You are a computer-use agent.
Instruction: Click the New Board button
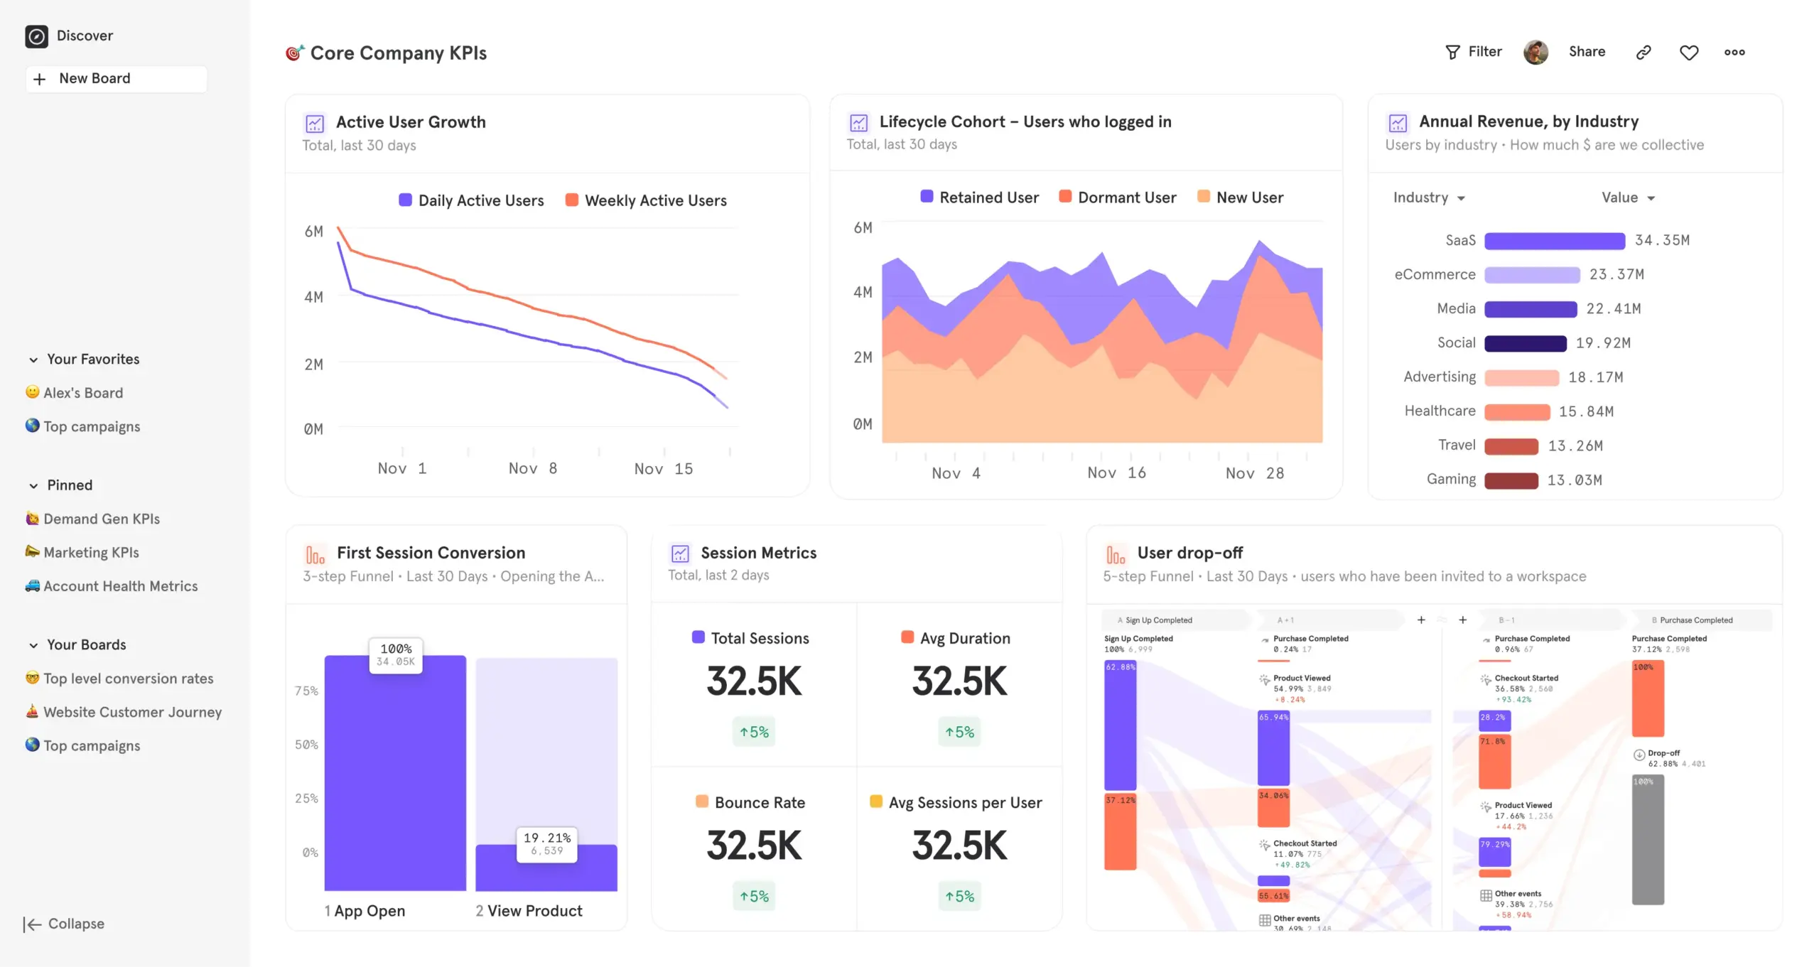pyautogui.click(x=116, y=79)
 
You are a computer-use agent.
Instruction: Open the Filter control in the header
pyautogui.click(x=1474, y=52)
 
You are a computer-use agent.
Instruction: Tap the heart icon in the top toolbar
pyautogui.click(x=1688, y=53)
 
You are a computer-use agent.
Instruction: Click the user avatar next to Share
pyautogui.click(x=1535, y=52)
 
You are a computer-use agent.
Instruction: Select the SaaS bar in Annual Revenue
pyautogui.click(x=1554, y=241)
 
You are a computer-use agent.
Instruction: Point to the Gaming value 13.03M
pyautogui.click(x=1575, y=480)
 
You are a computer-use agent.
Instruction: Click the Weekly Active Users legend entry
pyautogui.click(x=646, y=200)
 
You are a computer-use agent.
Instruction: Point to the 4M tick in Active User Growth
pyautogui.click(x=313, y=297)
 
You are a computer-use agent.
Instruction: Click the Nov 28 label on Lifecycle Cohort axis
pyautogui.click(x=1254, y=473)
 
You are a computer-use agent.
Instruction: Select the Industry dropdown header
pyautogui.click(x=1428, y=198)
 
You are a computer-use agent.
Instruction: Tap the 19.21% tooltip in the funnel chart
pyautogui.click(x=546, y=843)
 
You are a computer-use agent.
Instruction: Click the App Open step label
pyautogui.click(x=365, y=911)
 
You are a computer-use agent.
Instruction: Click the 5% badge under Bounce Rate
pyautogui.click(x=754, y=897)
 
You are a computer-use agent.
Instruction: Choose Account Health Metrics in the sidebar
pyautogui.click(x=120, y=586)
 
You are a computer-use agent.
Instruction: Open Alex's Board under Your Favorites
pyautogui.click(x=82, y=393)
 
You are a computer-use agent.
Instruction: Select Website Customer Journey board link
pyautogui.click(x=132, y=712)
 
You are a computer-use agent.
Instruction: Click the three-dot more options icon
pyautogui.click(x=1734, y=53)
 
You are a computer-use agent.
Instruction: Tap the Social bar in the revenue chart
pyautogui.click(x=1525, y=343)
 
